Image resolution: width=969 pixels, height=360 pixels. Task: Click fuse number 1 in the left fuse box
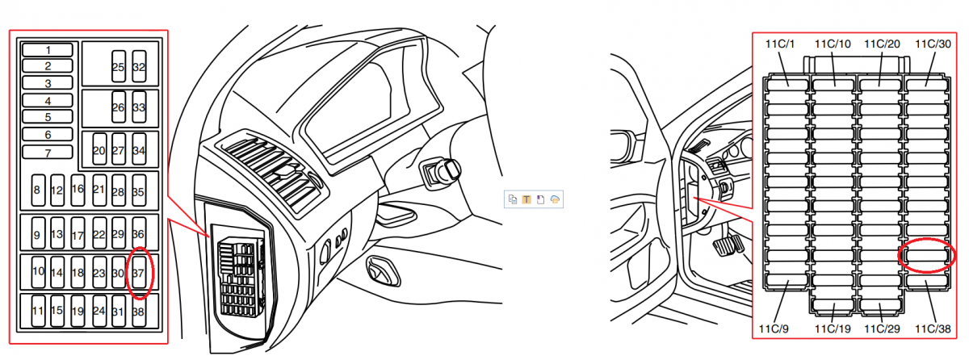(48, 50)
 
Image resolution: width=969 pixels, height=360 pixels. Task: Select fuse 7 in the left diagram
(48, 152)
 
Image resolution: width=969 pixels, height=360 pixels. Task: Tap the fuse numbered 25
(119, 66)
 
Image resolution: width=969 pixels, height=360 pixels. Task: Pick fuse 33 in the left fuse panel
(139, 107)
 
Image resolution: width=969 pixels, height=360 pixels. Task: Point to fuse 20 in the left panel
(99, 149)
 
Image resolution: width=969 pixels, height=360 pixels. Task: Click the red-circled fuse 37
(139, 272)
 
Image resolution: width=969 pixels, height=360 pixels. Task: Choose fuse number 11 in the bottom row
(38, 311)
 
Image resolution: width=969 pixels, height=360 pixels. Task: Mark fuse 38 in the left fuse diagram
(139, 311)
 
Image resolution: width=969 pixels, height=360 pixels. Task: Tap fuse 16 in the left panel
(78, 190)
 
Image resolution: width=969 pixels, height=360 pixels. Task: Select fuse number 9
(38, 233)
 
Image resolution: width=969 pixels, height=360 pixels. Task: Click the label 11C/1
(780, 44)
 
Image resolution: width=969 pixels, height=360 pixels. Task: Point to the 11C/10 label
(833, 44)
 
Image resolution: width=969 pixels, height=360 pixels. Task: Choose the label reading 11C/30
(933, 44)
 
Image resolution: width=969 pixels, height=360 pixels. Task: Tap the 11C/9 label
(774, 329)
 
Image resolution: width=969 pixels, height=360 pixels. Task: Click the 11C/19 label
(833, 329)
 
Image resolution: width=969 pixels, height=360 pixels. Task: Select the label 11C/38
(933, 329)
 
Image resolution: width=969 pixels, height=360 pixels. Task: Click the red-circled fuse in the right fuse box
(927, 255)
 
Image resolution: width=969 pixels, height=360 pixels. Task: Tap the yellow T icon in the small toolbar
(526, 199)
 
